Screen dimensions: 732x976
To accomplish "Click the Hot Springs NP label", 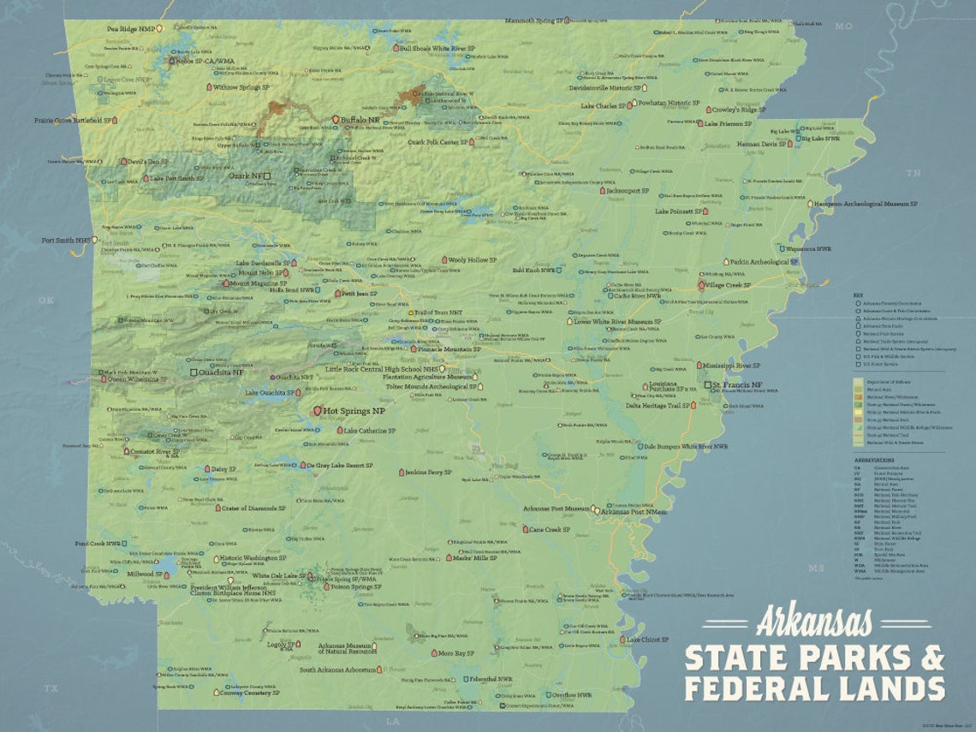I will click(x=354, y=411).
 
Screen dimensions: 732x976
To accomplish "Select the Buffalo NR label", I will click(x=360, y=120).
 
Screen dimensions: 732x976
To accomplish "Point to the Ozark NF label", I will click(x=245, y=176).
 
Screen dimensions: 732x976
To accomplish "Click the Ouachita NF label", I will click(x=222, y=372).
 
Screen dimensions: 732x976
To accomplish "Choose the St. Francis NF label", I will click(x=742, y=386).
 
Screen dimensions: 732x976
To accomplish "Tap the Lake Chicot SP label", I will click(x=647, y=640).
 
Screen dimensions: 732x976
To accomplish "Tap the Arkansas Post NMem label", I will click(x=634, y=512).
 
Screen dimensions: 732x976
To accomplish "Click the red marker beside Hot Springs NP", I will click(x=317, y=411).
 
